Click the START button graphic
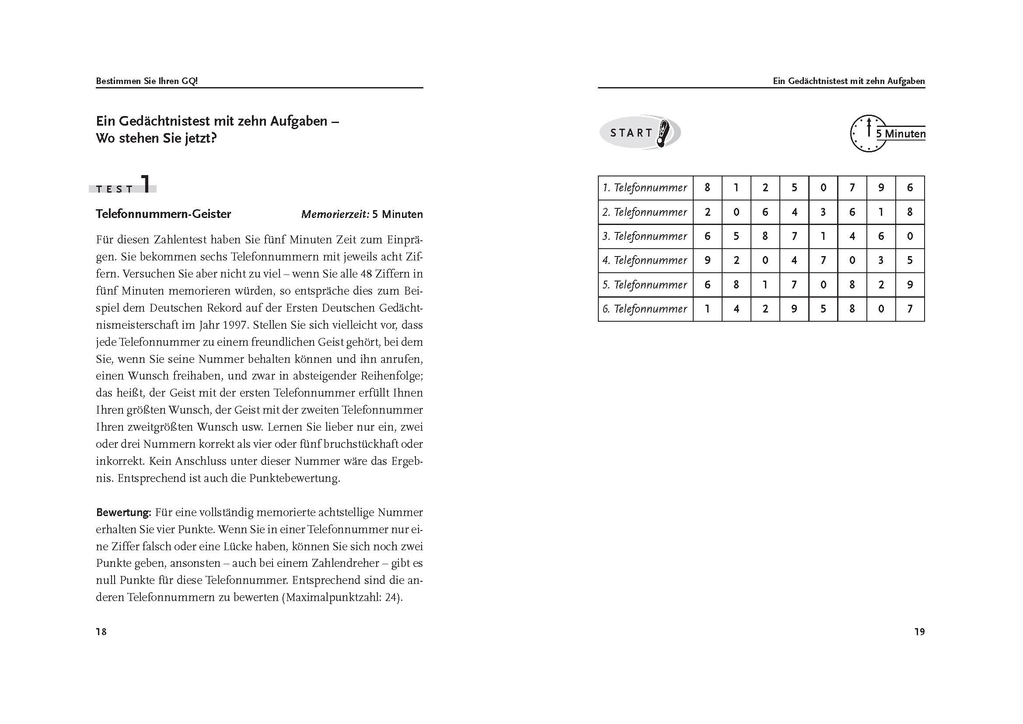640,132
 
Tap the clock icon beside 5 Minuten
868,134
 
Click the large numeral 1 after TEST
147,184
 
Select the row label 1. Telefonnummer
644,188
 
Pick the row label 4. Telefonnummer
644,260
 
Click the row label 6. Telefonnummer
644,309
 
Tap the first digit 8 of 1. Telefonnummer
707,188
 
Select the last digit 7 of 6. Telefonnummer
910,309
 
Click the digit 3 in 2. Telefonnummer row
823,212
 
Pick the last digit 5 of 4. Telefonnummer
910,260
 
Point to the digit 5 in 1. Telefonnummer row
794,188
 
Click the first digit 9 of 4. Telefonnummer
707,260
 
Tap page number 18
101,632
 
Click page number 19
920,632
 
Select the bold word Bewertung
123,512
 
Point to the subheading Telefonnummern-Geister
164,214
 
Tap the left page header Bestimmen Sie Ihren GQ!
147,81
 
